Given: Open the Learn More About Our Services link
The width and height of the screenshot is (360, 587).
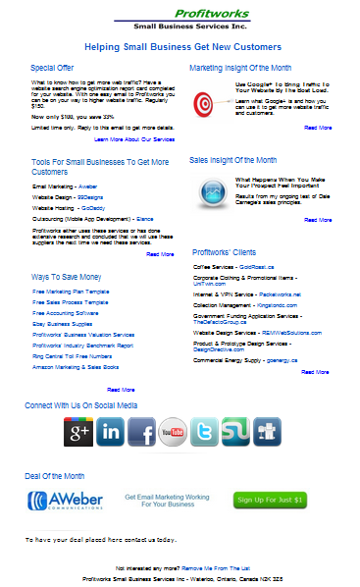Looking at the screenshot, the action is pyautogui.click(x=127, y=139).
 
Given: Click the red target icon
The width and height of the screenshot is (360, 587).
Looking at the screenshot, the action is pyautogui.click(x=203, y=103).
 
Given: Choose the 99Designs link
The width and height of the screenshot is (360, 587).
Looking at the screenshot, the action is pyautogui.click(x=90, y=195).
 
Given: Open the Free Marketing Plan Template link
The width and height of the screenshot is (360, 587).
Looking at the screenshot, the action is pyautogui.click(x=70, y=291).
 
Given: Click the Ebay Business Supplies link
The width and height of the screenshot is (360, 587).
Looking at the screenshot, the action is pyautogui.click(x=63, y=323).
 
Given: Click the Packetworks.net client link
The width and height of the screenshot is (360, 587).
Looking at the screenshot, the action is pyautogui.click(x=278, y=293).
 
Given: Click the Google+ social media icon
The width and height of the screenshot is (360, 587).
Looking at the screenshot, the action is pyautogui.click(x=78, y=431).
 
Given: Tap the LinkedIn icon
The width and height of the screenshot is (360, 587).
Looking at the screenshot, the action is pyautogui.click(x=110, y=431).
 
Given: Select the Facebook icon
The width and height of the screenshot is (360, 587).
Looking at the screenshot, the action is pyautogui.click(x=141, y=431).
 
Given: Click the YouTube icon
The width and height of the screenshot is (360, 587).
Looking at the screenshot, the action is pyautogui.click(x=173, y=431).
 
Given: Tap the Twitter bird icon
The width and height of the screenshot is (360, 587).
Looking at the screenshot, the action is pyautogui.click(x=204, y=431).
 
